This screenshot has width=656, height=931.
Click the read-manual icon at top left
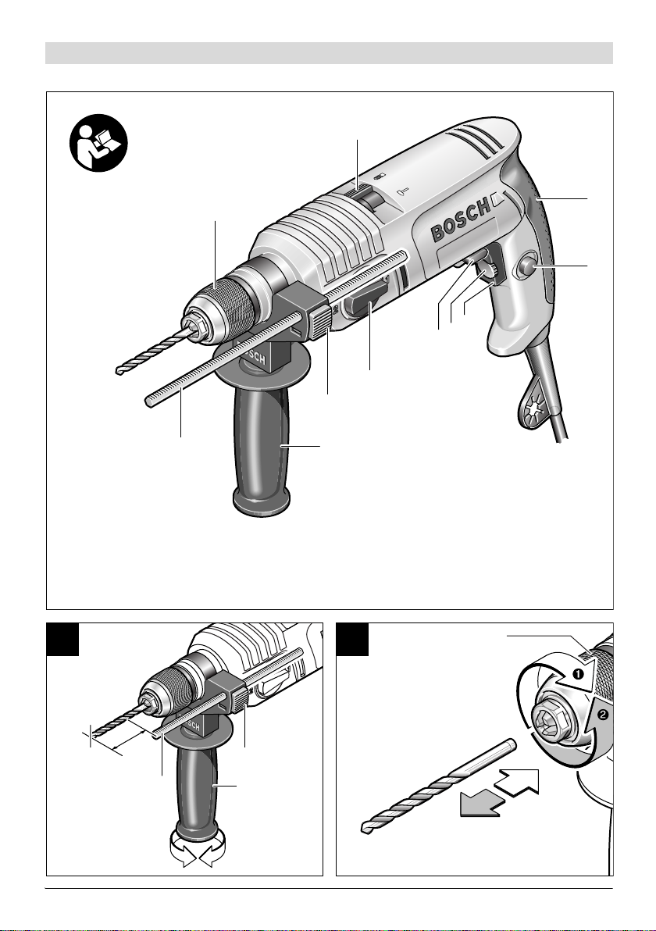coord(98,142)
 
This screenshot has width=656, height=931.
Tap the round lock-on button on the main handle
coord(526,269)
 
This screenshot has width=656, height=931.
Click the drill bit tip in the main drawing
coord(119,371)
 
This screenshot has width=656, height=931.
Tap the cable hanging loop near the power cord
coord(535,410)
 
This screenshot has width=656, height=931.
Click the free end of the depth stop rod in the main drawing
coord(148,402)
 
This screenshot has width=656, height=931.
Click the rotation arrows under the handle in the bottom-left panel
coord(198,848)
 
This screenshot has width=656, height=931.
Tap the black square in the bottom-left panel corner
coord(63,640)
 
